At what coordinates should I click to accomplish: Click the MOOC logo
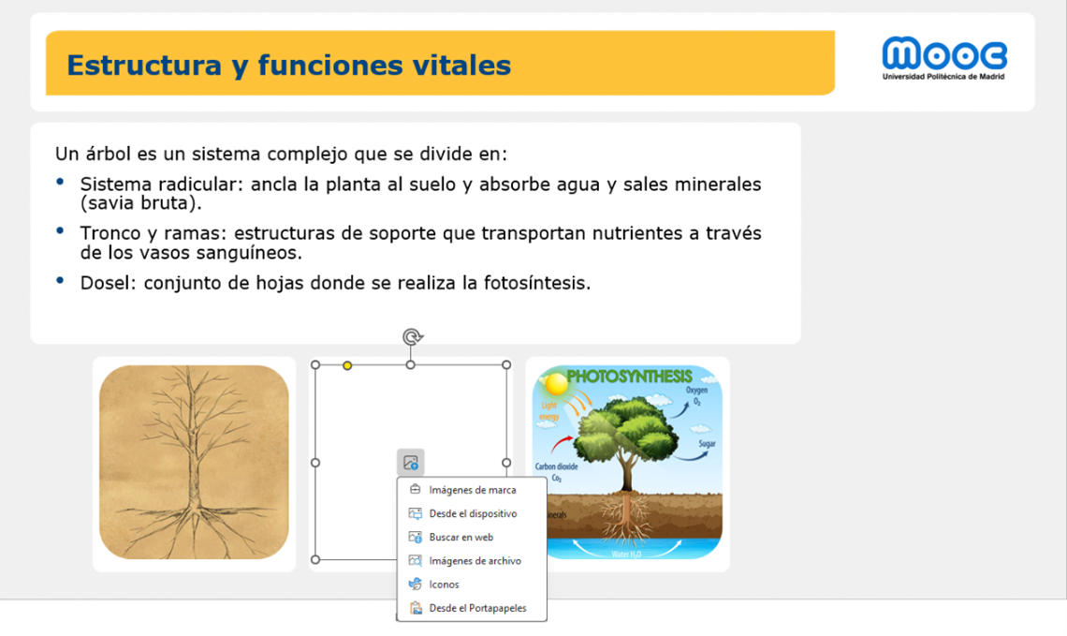click(943, 57)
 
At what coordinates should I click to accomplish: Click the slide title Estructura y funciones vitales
click(289, 65)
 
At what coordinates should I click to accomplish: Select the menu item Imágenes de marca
click(472, 490)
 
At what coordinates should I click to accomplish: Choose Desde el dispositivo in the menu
click(473, 513)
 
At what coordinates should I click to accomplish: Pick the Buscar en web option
click(460, 538)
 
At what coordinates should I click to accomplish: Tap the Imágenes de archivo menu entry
click(475, 561)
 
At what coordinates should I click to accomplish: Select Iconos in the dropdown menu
click(444, 584)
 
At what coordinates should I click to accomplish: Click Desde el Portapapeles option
click(477, 608)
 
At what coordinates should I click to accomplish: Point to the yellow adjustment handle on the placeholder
click(347, 365)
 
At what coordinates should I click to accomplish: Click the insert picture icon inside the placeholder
click(410, 463)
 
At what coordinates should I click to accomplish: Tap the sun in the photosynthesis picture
click(556, 383)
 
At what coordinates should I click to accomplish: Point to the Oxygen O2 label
click(696, 394)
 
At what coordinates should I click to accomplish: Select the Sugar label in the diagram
click(708, 444)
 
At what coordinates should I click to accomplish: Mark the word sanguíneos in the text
click(256, 253)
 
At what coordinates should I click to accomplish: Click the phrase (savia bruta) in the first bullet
click(140, 202)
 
